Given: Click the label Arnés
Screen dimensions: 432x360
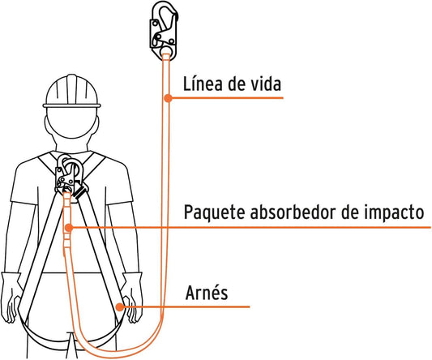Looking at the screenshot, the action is pyautogui.click(x=207, y=293).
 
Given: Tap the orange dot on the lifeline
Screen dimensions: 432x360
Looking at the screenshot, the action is pyautogui.click(x=168, y=98).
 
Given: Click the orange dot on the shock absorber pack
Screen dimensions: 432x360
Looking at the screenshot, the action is pyautogui.click(x=69, y=228).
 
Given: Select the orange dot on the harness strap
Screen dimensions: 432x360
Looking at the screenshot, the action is pyautogui.click(x=120, y=306).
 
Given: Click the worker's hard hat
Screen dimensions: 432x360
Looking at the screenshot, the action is pyautogui.click(x=71, y=91).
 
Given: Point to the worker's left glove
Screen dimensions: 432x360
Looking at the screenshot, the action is pyautogui.click(x=11, y=298).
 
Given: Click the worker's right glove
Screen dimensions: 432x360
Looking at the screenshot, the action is pyautogui.click(x=133, y=298).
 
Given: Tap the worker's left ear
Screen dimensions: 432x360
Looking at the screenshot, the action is pyautogui.click(x=47, y=125).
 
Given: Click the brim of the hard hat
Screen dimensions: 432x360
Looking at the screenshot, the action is pyautogui.click(x=71, y=105).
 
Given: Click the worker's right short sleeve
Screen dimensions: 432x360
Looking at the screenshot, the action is pyautogui.click(x=119, y=185).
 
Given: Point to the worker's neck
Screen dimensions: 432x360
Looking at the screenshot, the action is pyautogui.click(x=71, y=144).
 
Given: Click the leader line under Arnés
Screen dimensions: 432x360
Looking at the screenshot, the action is pyautogui.click(x=186, y=306).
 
